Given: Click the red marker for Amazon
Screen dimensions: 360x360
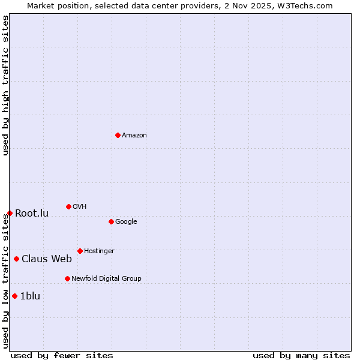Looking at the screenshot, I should [118, 135].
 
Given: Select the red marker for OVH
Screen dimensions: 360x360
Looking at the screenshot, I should [68, 206].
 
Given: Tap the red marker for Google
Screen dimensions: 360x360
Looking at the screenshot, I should [111, 221].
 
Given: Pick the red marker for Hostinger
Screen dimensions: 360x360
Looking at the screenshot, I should [80, 251].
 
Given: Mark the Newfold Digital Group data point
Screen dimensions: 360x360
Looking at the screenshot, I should [67, 278].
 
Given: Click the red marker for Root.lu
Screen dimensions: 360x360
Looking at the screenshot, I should [10, 213].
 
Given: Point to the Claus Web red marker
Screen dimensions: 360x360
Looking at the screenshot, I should [16, 259].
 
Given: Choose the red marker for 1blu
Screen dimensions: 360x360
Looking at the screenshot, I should [14, 296].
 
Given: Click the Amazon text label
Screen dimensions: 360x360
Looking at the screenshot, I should [134, 136].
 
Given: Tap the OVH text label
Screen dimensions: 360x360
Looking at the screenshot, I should [80, 207].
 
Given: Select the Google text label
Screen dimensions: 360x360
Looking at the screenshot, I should [126, 222].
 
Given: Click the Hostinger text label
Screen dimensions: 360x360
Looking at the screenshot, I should [99, 251].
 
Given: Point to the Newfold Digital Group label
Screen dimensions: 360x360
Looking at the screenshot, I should [106, 279].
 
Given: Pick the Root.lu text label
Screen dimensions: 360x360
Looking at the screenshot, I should [32, 214].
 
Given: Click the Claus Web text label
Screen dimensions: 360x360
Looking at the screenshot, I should [47, 259].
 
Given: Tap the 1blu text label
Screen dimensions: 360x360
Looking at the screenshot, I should [31, 296].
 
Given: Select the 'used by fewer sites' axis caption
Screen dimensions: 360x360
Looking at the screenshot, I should [62, 355].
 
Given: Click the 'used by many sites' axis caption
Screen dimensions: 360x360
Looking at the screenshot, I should [301, 355].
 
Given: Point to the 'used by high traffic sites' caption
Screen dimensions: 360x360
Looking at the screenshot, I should [5, 85].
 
